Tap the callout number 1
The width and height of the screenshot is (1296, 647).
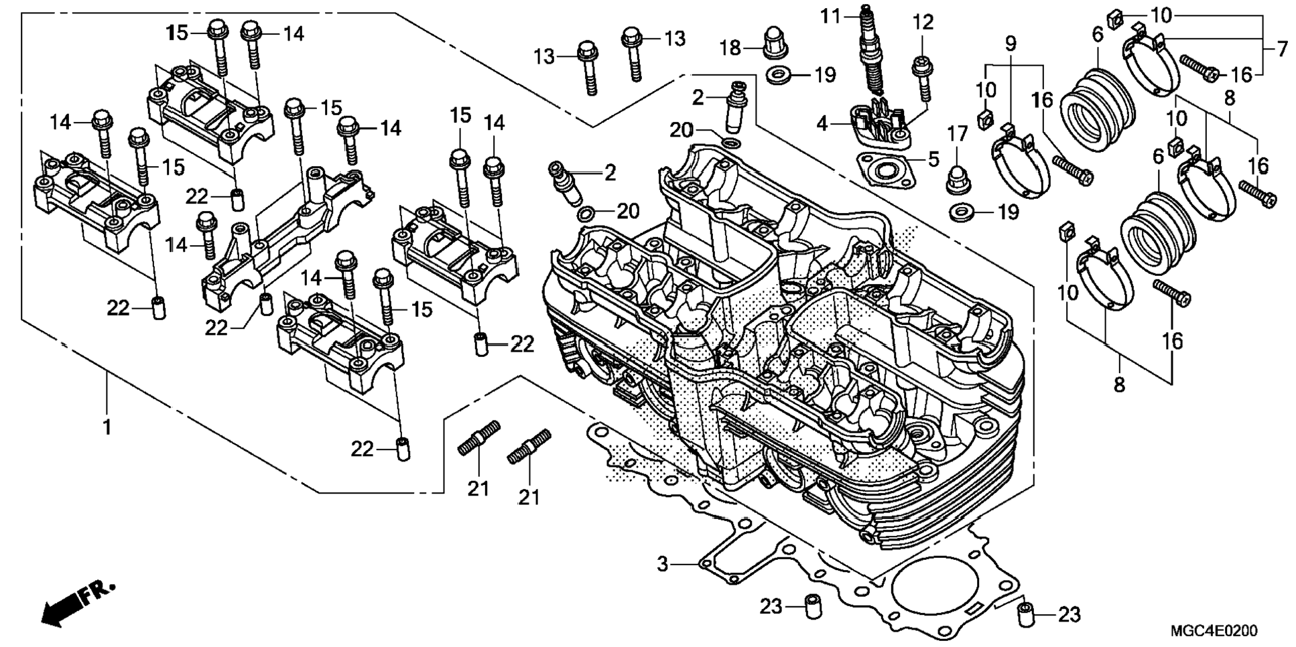coord(107,427)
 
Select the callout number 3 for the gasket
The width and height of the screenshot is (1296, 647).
coord(663,564)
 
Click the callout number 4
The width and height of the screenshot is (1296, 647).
coord(823,124)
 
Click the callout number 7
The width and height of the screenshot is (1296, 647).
coord(1281,49)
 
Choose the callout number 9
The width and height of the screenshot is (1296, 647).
coord(1011,44)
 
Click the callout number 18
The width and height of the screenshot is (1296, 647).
coord(731,48)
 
